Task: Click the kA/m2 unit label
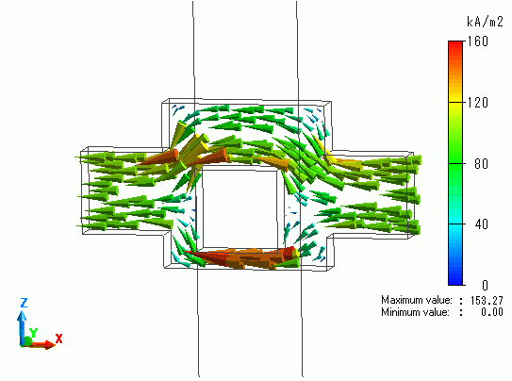click(485, 22)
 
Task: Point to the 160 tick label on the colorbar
click(478, 41)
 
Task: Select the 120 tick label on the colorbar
click(478, 103)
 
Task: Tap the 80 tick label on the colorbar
click(481, 163)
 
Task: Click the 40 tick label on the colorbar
click(481, 224)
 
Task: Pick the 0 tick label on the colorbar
click(485, 286)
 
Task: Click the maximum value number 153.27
click(487, 300)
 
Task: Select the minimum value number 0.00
click(492, 312)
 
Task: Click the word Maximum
click(400, 300)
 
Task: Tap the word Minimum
click(399, 312)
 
